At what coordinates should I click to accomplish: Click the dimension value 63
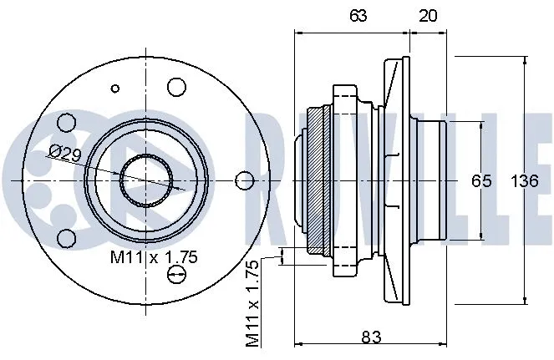tap(358, 14)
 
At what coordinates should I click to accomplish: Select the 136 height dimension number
tap(524, 180)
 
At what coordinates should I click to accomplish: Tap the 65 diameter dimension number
tap(480, 180)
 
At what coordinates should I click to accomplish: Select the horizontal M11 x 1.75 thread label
tap(155, 258)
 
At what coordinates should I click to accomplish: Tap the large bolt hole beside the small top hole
tap(176, 87)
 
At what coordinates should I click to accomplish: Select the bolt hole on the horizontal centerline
tap(244, 180)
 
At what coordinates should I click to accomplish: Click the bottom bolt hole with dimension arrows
tap(176, 275)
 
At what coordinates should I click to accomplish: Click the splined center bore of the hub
tap(146, 180)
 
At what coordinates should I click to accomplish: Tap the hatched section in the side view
tap(315, 180)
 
